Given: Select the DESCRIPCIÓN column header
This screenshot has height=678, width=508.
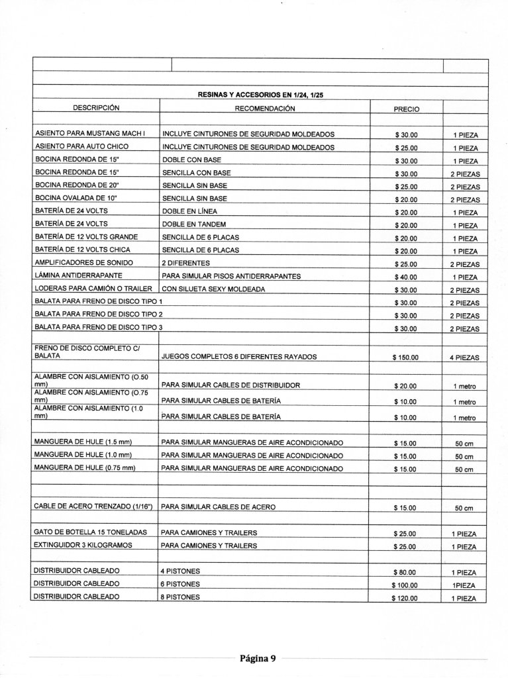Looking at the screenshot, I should coord(95,107).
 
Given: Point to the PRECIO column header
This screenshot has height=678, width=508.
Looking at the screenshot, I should coord(406,109).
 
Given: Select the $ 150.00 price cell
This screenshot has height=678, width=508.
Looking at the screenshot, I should coord(405,358).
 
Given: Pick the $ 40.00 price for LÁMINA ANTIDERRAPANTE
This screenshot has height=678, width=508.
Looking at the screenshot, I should coord(405,277).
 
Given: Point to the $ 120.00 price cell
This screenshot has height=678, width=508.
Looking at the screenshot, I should coord(405,599).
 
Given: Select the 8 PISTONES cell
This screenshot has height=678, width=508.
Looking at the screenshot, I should coord(180,597).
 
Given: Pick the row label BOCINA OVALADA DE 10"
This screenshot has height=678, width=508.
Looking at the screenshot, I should coord(75,199).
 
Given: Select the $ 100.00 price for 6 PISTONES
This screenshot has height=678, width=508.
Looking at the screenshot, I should coord(405,585).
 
